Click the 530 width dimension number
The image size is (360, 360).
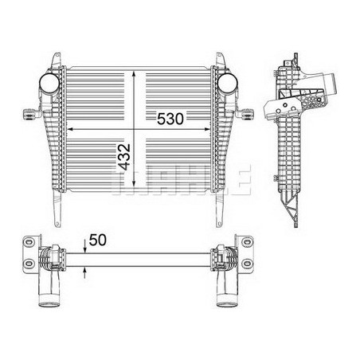(x=170, y=119)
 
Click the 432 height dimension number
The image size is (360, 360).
(x=124, y=157)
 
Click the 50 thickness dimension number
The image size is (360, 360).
(x=98, y=240)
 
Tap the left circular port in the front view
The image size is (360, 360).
(x=49, y=82)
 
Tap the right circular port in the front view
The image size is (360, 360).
(x=227, y=82)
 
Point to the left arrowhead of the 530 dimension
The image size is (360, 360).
(x=70, y=129)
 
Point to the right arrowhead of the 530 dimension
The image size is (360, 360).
(x=207, y=129)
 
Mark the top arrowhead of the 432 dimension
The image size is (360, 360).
(x=134, y=74)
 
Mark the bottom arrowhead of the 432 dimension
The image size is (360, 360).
(x=134, y=184)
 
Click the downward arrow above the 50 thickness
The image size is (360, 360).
(x=85, y=245)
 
